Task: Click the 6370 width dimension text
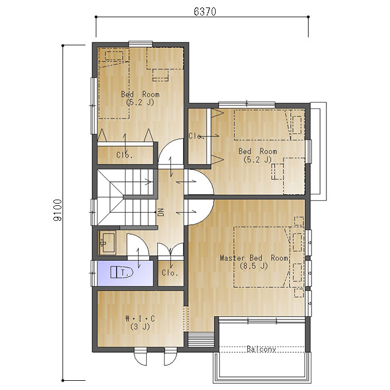pyautogui.click(x=205, y=11)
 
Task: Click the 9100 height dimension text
pyautogui.click(x=57, y=210)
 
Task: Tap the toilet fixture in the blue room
pyautogui.click(x=122, y=272)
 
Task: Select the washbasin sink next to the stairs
pyautogui.click(x=108, y=243)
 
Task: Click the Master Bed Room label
pyautogui.click(x=254, y=258)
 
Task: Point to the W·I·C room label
pyautogui.click(x=140, y=318)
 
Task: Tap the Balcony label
pyautogui.click(x=261, y=349)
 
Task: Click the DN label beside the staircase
pyautogui.click(x=161, y=212)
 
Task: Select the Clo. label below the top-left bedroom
pyautogui.click(x=124, y=155)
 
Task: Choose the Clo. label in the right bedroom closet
pyautogui.click(x=197, y=136)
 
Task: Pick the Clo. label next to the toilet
pyautogui.click(x=170, y=273)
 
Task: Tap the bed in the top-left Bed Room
pyautogui.click(x=114, y=83)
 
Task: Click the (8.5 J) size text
pyautogui.click(x=253, y=266)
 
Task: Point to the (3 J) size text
pyautogui.click(x=140, y=326)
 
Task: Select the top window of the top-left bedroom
pyautogui.click(x=141, y=44)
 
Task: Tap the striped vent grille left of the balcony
pyautogui.click(x=201, y=340)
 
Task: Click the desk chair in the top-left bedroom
pyautogui.click(x=161, y=75)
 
